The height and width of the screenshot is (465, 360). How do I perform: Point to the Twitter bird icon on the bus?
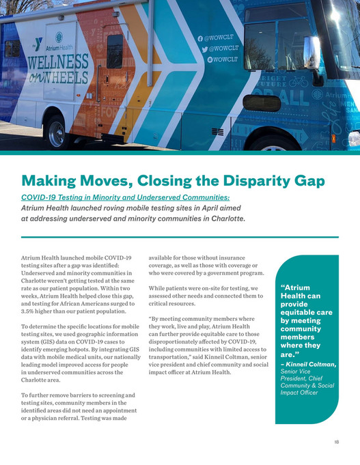pos(201,50)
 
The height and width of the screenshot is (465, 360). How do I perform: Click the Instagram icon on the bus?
pos(201,60)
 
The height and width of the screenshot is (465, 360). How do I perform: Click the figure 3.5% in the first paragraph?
pos(31,311)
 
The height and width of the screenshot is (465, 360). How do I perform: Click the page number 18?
pos(337,442)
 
